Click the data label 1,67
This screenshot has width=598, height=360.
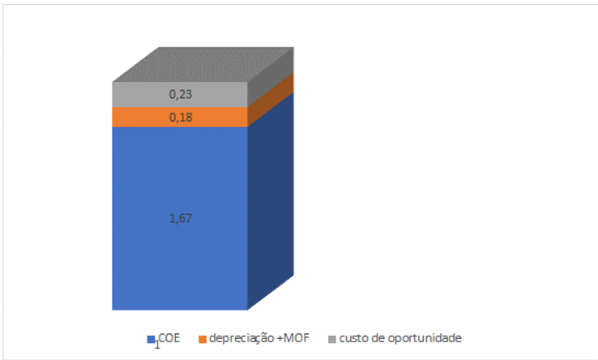click(180, 218)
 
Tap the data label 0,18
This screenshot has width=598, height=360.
click(180, 118)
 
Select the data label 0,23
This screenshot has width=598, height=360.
click(180, 94)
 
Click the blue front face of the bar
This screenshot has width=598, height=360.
click(180, 259)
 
